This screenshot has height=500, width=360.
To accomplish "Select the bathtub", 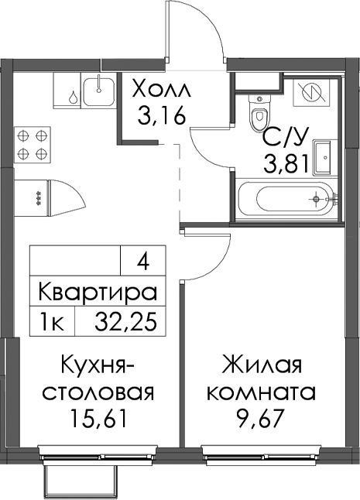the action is pyautogui.click(x=286, y=199).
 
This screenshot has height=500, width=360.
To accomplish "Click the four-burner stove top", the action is pyautogui.click(x=32, y=145).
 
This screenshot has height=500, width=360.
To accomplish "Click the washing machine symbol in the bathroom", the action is pyautogui.click(x=311, y=92).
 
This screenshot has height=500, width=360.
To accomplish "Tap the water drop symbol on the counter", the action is pyautogui.click(x=74, y=97).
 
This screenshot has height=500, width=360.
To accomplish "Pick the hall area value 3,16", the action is pyautogui.click(x=161, y=116).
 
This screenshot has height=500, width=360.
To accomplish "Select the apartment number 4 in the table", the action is pyautogui.click(x=143, y=264).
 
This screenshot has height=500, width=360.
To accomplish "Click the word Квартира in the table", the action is pyautogui.click(x=98, y=292).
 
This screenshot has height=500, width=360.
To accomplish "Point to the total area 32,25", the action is pyautogui.click(x=126, y=322).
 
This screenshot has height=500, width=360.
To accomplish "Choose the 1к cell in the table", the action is pyautogui.click(x=53, y=322).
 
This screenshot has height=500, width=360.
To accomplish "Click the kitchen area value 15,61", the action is pyautogui.click(x=99, y=419).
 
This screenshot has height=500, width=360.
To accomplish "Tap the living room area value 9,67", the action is pyautogui.click(x=260, y=419).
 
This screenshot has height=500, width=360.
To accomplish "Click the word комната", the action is pyautogui.click(x=262, y=393).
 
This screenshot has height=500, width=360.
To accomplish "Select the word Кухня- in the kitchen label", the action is pyautogui.click(x=98, y=365).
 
